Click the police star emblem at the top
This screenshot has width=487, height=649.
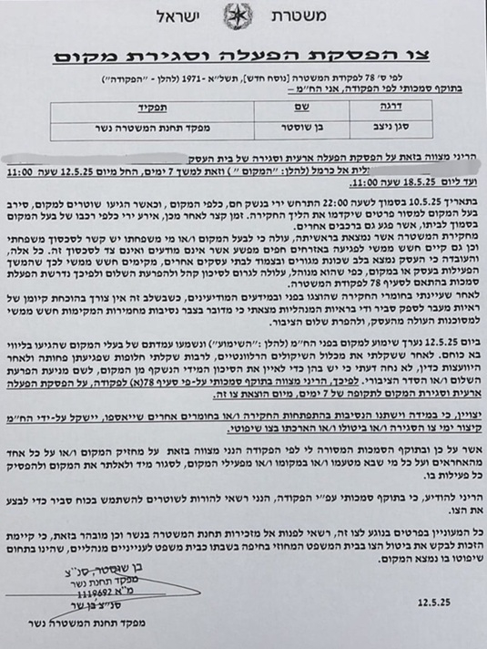pyautogui.click(x=244, y=18)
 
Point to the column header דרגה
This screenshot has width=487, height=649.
pyautogui.click(x=406, y=106)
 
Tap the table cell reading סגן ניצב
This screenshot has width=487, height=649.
pyautogui.click(x=405, y=123)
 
